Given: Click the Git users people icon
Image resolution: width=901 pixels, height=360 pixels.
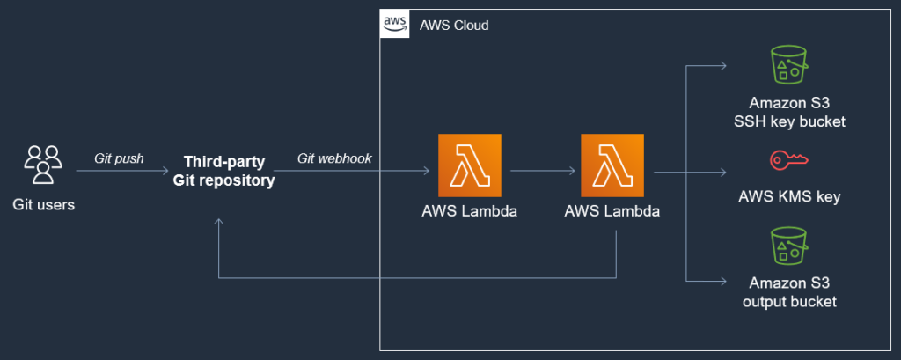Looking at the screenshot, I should tap(42, 165).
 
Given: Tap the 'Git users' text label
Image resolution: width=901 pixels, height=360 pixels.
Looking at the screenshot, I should tap(42, 206).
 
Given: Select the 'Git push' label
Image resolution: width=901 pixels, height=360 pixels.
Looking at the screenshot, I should tap(119, 158).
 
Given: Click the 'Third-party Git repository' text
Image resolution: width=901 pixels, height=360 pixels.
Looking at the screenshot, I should tap(229, 172).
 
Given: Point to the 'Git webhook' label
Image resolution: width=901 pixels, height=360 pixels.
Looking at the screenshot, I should tap(334, 158).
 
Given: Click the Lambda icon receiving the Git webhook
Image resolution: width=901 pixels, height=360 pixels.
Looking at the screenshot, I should tap(469, 165).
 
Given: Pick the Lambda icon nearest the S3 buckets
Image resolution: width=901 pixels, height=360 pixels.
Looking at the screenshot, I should tap(612, 165).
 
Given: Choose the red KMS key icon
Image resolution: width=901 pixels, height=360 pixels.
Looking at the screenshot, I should tap(789, 160).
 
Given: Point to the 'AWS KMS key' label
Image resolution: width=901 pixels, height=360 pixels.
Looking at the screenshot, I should tap(789, 197).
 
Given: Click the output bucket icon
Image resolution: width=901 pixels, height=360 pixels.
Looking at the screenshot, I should tap(789, 247).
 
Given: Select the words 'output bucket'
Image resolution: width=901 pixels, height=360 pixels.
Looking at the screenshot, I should tap(789, 302).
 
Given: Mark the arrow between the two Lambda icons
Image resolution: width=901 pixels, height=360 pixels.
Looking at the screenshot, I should tap(540, 172).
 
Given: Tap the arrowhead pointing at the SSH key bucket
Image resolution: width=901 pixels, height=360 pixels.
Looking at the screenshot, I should tap(722, 66).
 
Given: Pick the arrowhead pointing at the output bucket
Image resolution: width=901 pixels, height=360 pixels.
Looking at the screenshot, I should tap(722, 280).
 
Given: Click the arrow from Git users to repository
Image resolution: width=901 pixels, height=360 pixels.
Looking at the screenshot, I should tap(123, 172).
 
